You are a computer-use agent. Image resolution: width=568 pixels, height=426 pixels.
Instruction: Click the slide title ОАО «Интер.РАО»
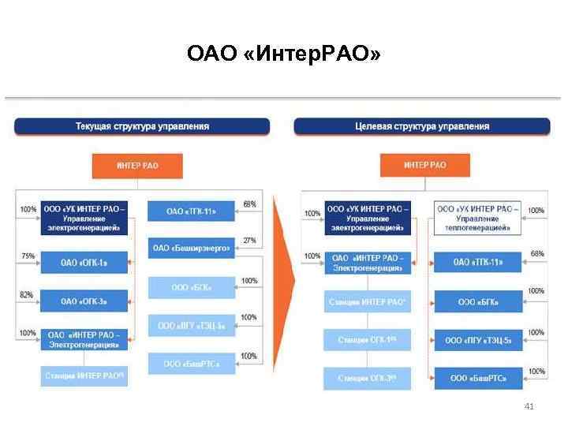(283, 54)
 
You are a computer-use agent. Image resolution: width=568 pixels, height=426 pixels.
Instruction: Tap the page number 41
(529, 406)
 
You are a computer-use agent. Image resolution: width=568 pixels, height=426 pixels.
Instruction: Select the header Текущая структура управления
(142, 126)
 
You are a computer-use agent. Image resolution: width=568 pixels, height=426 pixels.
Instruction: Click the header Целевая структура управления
(422, 126)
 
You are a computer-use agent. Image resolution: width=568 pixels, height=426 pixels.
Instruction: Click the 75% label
(28, 256)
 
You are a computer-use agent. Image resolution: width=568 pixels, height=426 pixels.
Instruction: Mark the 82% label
(26, 294)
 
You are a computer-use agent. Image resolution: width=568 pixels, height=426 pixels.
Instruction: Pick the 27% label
(249, 241)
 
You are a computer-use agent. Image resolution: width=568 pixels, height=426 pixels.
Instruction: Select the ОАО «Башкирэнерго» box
(191, 248)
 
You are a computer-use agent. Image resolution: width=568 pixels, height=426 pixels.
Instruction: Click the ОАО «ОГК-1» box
(83, 262)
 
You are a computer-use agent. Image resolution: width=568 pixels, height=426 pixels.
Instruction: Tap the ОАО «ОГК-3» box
(83, 301)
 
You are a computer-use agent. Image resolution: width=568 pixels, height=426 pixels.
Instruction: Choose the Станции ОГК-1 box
(368, 340)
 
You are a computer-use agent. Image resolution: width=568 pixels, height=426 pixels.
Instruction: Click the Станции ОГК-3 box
(368, 378)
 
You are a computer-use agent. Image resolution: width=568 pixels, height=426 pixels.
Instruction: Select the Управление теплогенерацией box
(478, 219)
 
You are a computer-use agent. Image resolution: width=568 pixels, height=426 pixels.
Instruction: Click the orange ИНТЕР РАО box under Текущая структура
(137, 166)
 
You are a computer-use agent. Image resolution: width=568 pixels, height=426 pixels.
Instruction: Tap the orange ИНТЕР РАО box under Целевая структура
(424, 166)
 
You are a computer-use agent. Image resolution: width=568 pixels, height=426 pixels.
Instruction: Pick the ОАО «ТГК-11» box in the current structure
(191, 211)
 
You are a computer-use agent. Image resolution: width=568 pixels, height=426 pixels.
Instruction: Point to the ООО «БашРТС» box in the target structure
(478, 378)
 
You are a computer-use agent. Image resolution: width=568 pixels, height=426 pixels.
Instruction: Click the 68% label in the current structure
(249, 204)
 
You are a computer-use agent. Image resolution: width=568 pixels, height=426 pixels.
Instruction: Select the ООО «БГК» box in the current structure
(191, 287)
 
